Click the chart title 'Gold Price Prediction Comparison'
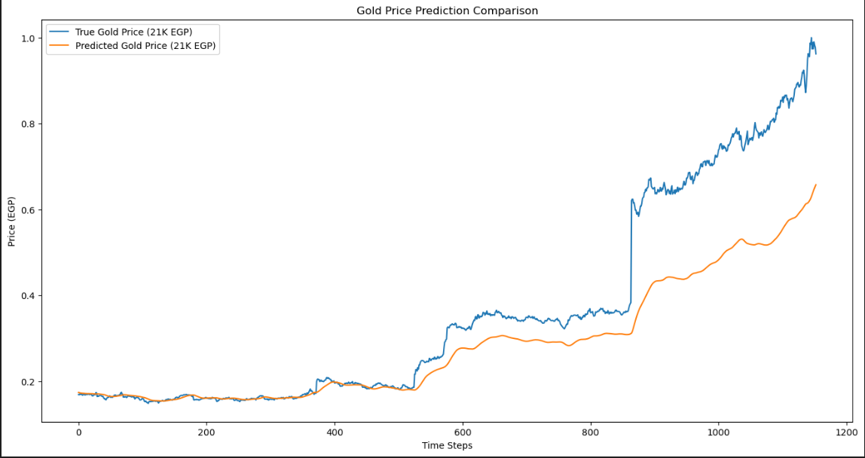tap(447, 11)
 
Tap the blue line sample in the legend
tap(60, 32)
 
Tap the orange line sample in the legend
tap(60, 46)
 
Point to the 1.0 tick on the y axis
tap(27, 38)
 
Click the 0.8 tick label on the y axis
tap(27, 124)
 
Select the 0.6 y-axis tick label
tap(27, 209)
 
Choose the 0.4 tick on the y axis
tap(27, 295)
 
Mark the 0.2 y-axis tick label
tap(27, 382)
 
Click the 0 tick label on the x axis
tap(78, 433)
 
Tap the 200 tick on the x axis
tap(206, 433)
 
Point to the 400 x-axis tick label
tap(335, 433)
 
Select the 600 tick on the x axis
tap(463, 433)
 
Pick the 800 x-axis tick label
tap(591, 433)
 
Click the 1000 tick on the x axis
tap(719, 433)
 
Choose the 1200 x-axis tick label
tap(847, 433)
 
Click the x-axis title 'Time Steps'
tap(447, 445)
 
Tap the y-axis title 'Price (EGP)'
tap(11, 221)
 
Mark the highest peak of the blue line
tap(812, 38)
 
